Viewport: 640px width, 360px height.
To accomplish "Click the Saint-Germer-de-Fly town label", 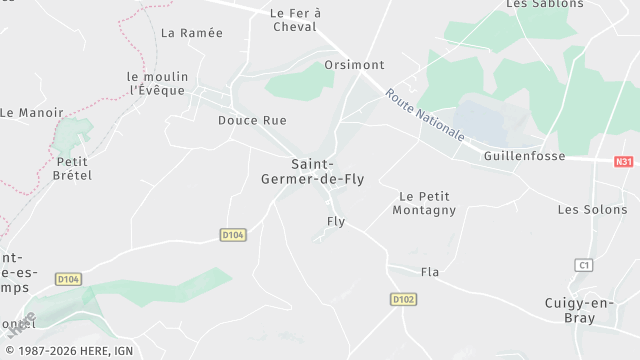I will [327, 172].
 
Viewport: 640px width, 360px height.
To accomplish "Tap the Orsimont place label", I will [354, 65].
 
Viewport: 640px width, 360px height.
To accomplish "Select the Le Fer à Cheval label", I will [295, 20].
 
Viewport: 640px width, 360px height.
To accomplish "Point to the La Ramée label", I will [192, 33].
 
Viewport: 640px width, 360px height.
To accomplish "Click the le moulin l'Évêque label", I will [156, 83].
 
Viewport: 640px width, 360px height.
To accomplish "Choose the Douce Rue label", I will [252, 120].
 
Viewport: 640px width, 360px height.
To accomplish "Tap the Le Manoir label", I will [31, 113].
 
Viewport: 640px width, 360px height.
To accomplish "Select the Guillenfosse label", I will [524, 157].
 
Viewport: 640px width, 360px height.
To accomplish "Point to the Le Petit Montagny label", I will [424, 203].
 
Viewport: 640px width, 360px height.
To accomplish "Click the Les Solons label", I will [592, 210].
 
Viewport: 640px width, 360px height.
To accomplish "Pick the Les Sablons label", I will [544, 4].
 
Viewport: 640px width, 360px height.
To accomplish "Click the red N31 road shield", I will [624, 161].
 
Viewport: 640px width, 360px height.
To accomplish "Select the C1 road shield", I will [584, 265].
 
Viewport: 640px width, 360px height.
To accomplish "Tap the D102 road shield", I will [403, 299].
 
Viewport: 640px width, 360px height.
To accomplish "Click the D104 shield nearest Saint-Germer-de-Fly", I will [233, 235].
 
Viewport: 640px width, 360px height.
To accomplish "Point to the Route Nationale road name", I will [425, 114].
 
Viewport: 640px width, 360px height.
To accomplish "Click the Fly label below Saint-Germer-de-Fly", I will [336, 222].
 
